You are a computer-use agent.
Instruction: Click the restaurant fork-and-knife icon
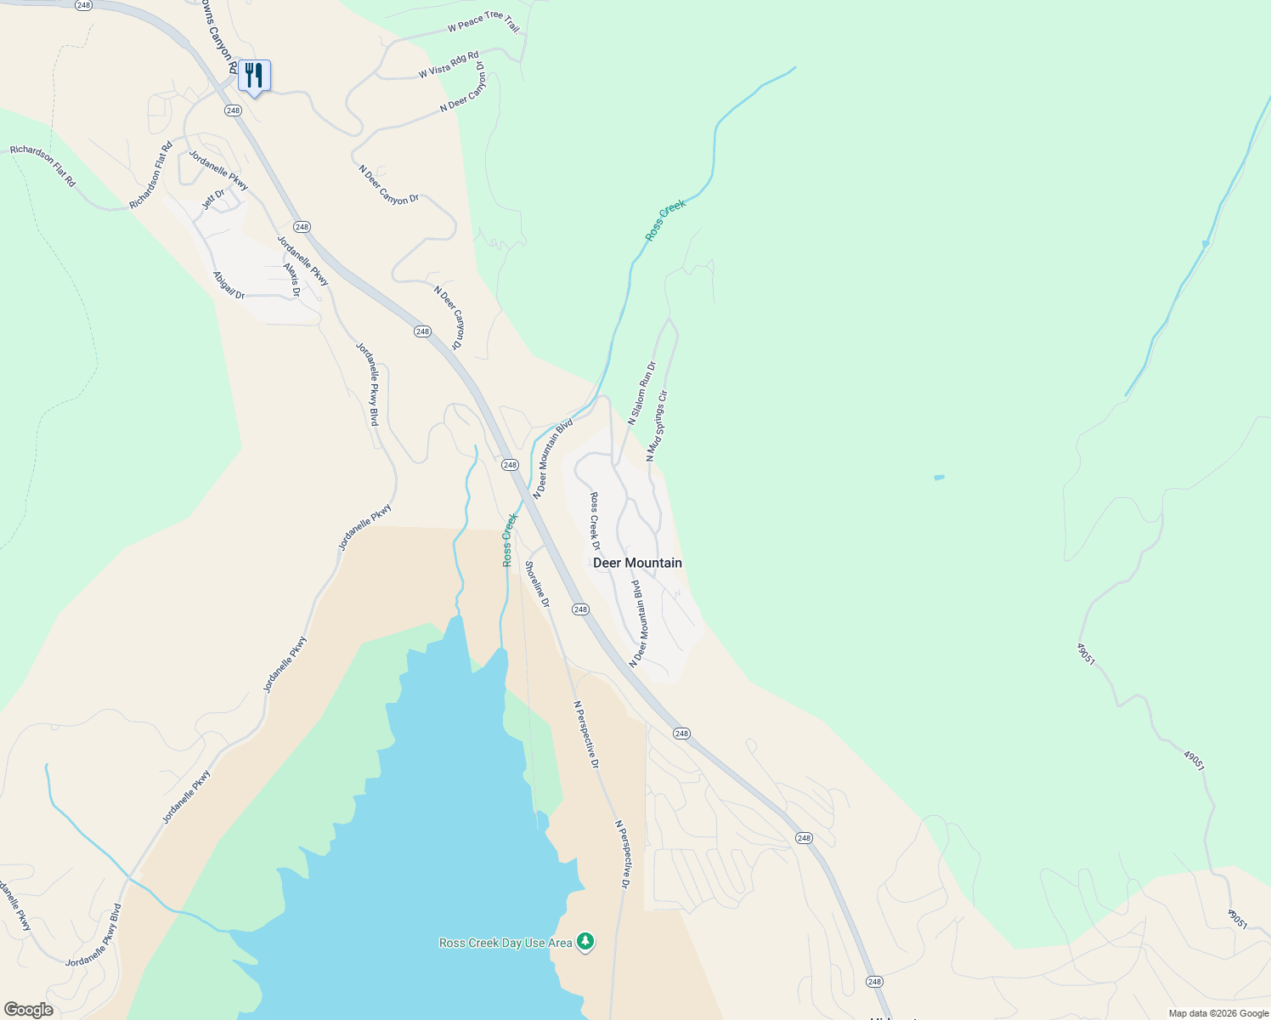254,76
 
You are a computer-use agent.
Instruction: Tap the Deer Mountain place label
637,563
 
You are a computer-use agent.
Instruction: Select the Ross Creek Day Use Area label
506,943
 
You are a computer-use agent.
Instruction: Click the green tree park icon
585,941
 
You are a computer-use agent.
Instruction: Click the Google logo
28,1010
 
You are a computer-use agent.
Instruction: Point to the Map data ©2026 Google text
1217,1013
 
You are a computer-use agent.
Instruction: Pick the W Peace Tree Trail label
483,22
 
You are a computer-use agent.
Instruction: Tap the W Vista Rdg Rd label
449,66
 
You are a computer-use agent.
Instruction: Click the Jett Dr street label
213,200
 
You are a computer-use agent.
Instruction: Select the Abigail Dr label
229,285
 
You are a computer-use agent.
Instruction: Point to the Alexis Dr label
291,279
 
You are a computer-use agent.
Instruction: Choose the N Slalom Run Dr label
642,393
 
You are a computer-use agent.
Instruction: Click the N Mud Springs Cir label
658,425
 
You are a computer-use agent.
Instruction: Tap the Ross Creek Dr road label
596,520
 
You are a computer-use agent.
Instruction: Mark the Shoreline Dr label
537,584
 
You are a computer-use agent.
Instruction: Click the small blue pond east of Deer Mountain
939,478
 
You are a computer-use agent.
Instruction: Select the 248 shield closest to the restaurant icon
234,110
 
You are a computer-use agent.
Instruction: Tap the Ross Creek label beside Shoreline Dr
510,540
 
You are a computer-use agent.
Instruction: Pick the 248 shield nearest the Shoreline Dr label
580,609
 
